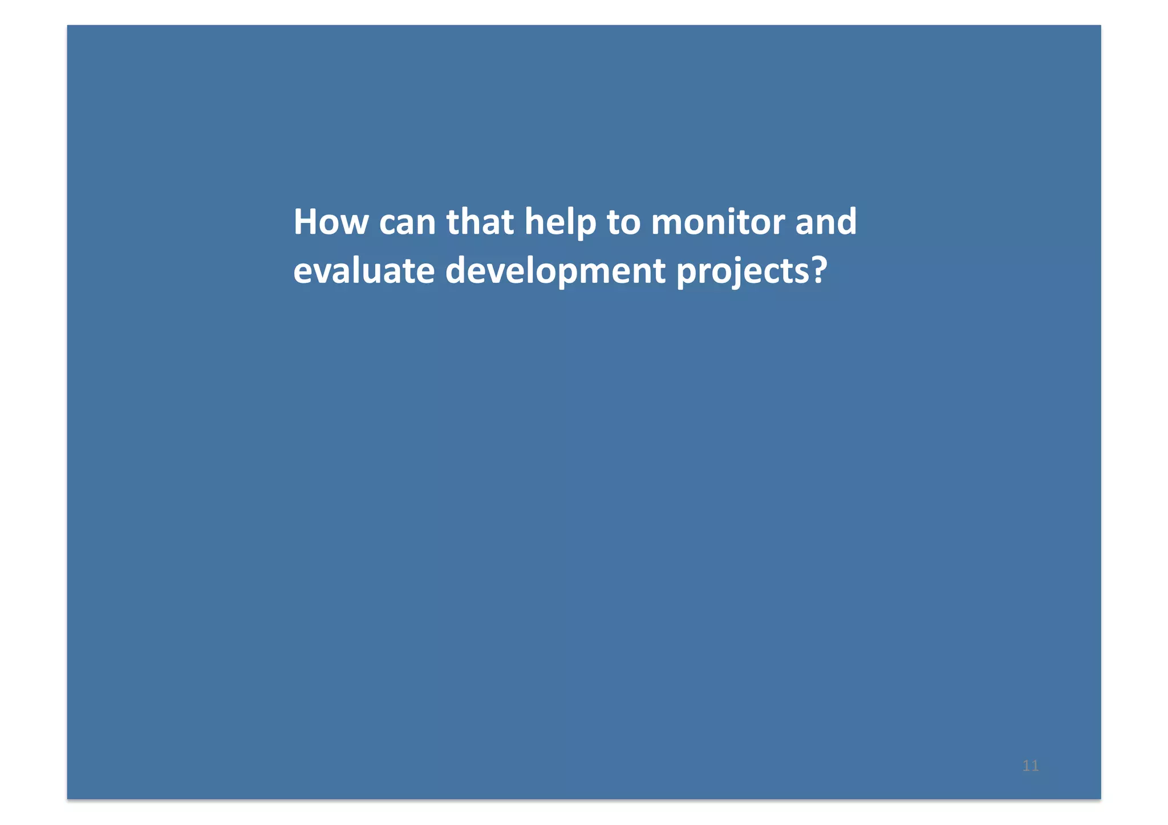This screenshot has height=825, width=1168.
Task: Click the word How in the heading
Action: (331, 222)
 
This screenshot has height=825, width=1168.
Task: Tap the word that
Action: (480, 222)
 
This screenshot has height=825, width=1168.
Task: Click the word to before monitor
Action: (623, 222)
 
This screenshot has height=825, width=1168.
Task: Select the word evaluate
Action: (364, 271)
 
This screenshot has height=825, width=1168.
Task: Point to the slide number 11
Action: (1031, 766)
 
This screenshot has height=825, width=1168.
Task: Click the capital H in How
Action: (306, 222)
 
